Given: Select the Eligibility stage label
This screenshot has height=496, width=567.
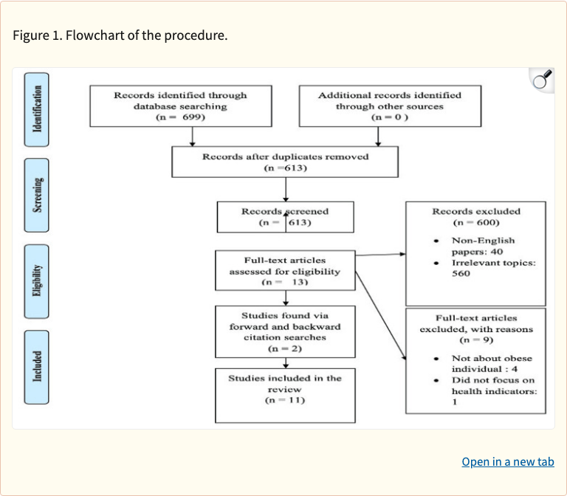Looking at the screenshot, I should coord(37,280).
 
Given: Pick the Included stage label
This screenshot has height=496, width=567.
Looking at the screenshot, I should coord(37,367).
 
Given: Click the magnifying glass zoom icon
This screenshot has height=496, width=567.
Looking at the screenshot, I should coord(542,80).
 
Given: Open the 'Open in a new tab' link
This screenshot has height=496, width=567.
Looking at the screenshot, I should coord(507,462).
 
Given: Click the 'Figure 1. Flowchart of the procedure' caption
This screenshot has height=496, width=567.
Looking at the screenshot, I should coord(120,35).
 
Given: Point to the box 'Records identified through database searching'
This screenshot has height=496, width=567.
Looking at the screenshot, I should coord(180,106).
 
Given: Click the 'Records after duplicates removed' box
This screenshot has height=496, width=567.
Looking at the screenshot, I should coord(285,162).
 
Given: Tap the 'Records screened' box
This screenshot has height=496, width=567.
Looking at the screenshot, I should coord(285,217).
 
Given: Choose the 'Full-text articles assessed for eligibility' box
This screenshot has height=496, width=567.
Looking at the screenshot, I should coord(285,271).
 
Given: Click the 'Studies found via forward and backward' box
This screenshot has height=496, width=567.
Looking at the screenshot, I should coord(285,331).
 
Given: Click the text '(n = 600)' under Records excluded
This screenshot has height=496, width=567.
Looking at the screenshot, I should coord(476,222).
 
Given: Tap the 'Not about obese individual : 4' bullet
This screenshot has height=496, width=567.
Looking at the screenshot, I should coord(491,363).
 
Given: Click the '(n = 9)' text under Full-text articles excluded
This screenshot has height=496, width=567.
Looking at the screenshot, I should coord(476,340).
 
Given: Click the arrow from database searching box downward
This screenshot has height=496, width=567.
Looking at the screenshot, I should coord(192,136).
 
